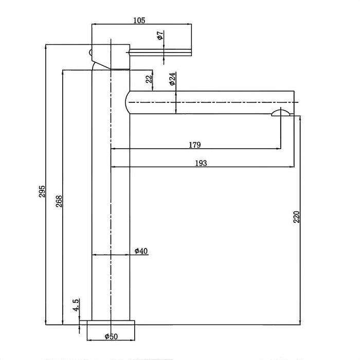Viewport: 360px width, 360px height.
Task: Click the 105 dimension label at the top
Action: click(139, 21)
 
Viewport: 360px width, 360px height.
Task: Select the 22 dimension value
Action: click(149, 80)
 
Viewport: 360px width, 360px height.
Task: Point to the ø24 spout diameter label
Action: click(173, 79)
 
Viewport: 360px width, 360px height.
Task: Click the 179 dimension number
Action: click(194, 145)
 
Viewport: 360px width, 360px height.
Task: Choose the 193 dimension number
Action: click(201, 163)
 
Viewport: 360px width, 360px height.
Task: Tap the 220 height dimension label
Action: click(296, 217)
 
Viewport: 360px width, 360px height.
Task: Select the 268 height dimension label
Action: click(59, 201)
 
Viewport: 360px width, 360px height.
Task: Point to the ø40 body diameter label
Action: click(141, 251)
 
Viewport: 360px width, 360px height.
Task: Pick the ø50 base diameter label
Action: click(112, 337)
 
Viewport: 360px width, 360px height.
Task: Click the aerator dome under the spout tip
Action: click(280, 114)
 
